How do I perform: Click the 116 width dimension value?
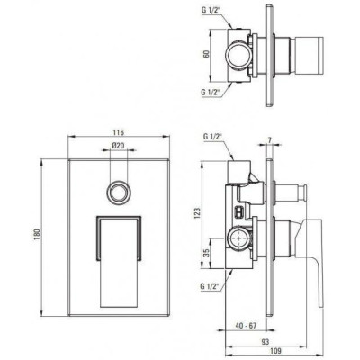(x=119, y=132)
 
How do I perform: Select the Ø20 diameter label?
(x=119, y=146)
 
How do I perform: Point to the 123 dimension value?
(x=198, y=213)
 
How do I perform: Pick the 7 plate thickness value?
(x=269, y=140)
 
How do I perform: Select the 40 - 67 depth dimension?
(x=246, y=326)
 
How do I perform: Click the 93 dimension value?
(x=265, y=342)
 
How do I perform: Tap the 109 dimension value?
(x=275, y=351)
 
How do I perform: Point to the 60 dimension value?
(x=206, y=55)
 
